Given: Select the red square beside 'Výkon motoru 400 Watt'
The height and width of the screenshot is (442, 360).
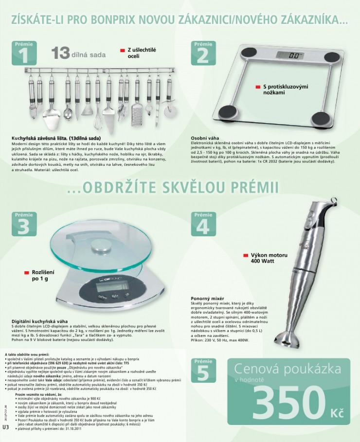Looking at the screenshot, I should pyautogui.click(x=245, y=255).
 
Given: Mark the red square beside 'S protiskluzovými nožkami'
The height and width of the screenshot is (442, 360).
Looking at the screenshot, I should pyautogui.click(x=258, y=87).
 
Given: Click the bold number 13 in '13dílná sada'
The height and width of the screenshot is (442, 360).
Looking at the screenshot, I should pyautogui.click(x=61, y=53).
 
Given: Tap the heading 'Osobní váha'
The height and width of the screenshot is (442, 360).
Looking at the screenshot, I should pyautogui.click(x=205, y=138).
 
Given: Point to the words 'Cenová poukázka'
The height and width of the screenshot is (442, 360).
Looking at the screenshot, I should pyautogui.click(x=287, y=370).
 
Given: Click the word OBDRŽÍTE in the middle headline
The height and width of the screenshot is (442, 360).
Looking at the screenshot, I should pyautogui.click(x=117, y=188).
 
